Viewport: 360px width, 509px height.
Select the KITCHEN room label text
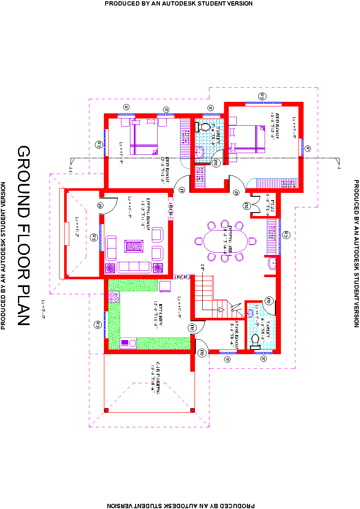[x=158, y=314]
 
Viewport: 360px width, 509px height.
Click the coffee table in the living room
[x=133, y=247]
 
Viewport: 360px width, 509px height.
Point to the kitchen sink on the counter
[x=128, y=342]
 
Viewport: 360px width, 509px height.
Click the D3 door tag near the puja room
[x=246, y=206]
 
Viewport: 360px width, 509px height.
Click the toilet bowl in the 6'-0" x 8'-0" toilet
[x=256, y=340]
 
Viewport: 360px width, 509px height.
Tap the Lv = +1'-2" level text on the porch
[x=77, y=226]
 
